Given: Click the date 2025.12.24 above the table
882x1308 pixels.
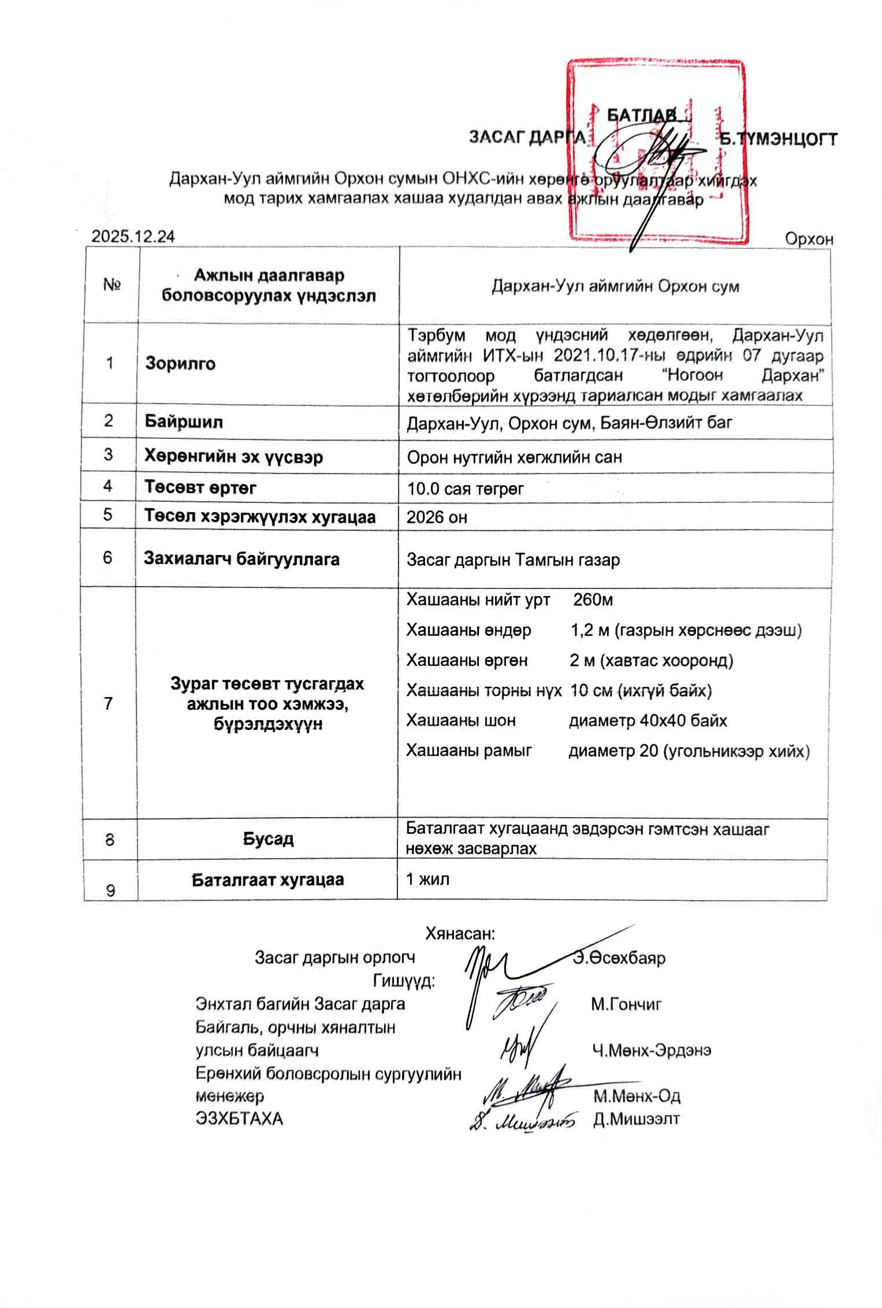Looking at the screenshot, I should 133,237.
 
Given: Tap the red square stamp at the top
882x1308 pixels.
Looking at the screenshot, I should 656,150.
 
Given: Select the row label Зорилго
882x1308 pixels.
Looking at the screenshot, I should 180,363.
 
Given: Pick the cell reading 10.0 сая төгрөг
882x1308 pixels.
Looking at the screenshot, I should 465,489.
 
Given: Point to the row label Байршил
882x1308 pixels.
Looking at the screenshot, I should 184,422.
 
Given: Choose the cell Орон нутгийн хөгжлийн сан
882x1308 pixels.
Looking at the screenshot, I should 514,457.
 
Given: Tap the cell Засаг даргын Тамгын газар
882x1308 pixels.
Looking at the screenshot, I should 513,560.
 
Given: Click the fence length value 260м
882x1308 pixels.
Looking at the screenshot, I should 593,600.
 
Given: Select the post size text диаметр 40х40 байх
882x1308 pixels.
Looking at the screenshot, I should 647,721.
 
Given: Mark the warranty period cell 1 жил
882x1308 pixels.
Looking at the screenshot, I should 427,879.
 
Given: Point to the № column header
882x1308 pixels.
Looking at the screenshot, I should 111,285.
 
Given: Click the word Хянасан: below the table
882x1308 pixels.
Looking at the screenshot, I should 460,933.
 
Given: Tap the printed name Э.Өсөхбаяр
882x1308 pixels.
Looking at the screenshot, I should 619,957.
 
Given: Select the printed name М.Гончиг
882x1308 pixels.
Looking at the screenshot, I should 626,1004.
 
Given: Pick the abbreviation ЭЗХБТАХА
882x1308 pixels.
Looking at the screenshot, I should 240,1119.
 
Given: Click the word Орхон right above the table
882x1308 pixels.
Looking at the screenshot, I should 809,239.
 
